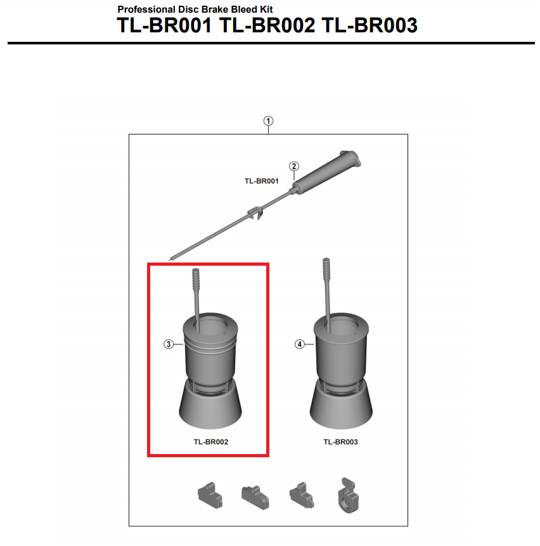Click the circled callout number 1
click(268, 121)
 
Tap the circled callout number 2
click(294, 166)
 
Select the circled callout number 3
click(169, 344)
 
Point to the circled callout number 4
click(300, 344)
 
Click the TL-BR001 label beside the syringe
click(262, 181)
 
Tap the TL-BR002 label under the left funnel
click(211, 442)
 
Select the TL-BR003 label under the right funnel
click(340, 442)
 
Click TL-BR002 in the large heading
click(267, 25)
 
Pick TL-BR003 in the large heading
click(370, 25)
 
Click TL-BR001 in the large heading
click(164, 25)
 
